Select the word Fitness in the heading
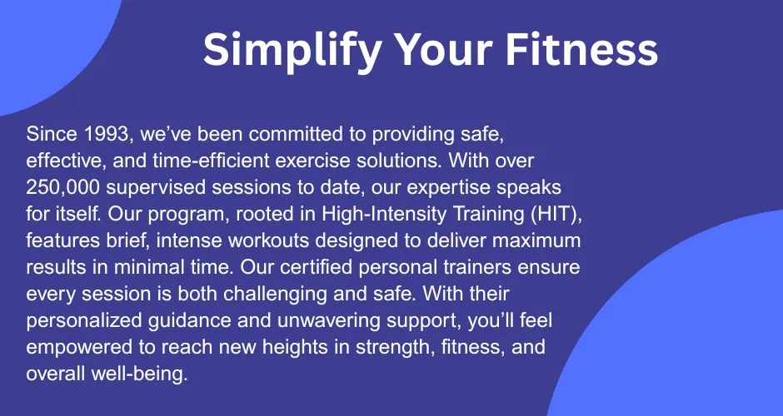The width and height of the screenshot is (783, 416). coord(581,49)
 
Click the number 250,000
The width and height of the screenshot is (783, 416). coord(63,187)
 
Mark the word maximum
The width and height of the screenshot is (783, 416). coord(536,241)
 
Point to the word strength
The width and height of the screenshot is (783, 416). coord(393,348)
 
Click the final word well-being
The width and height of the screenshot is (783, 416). coord(139,374)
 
